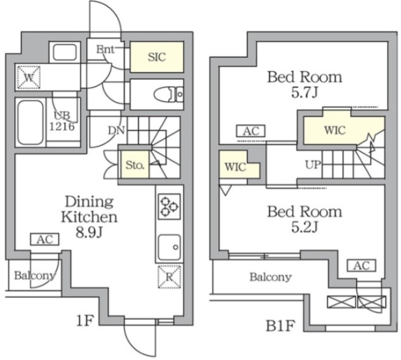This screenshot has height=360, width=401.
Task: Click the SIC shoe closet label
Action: [157, 57]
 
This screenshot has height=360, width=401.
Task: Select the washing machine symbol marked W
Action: [28, 78]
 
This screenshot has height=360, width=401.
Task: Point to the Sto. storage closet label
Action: [134, 165]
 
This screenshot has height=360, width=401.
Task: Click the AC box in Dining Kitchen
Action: [44, 239]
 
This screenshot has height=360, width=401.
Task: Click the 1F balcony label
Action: [34, 275]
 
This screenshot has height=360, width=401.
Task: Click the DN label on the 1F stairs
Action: [117, 131]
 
